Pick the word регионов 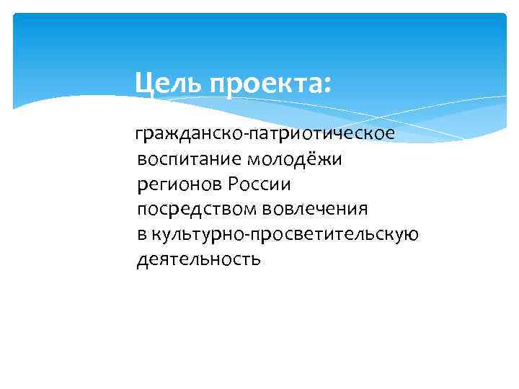179,185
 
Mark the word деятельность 199,259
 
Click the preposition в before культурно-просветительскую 141,234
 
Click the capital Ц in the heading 143,85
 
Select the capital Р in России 233,184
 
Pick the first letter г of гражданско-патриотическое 140,136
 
